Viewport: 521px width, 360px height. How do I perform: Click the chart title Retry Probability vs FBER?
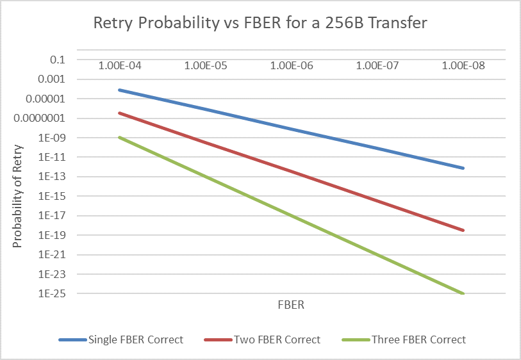pos(260,24)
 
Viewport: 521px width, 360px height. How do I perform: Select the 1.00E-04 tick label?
pos(119,65)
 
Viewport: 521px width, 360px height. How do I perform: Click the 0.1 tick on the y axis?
pos(58,60)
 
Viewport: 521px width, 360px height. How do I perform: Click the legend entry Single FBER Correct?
pos(135,340)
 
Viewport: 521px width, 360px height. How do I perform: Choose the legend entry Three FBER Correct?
pos(418,340)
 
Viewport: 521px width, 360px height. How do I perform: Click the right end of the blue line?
pos(463,168)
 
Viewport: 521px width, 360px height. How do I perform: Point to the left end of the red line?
pos(119,113)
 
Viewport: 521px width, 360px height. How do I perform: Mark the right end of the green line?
pos(463,293)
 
